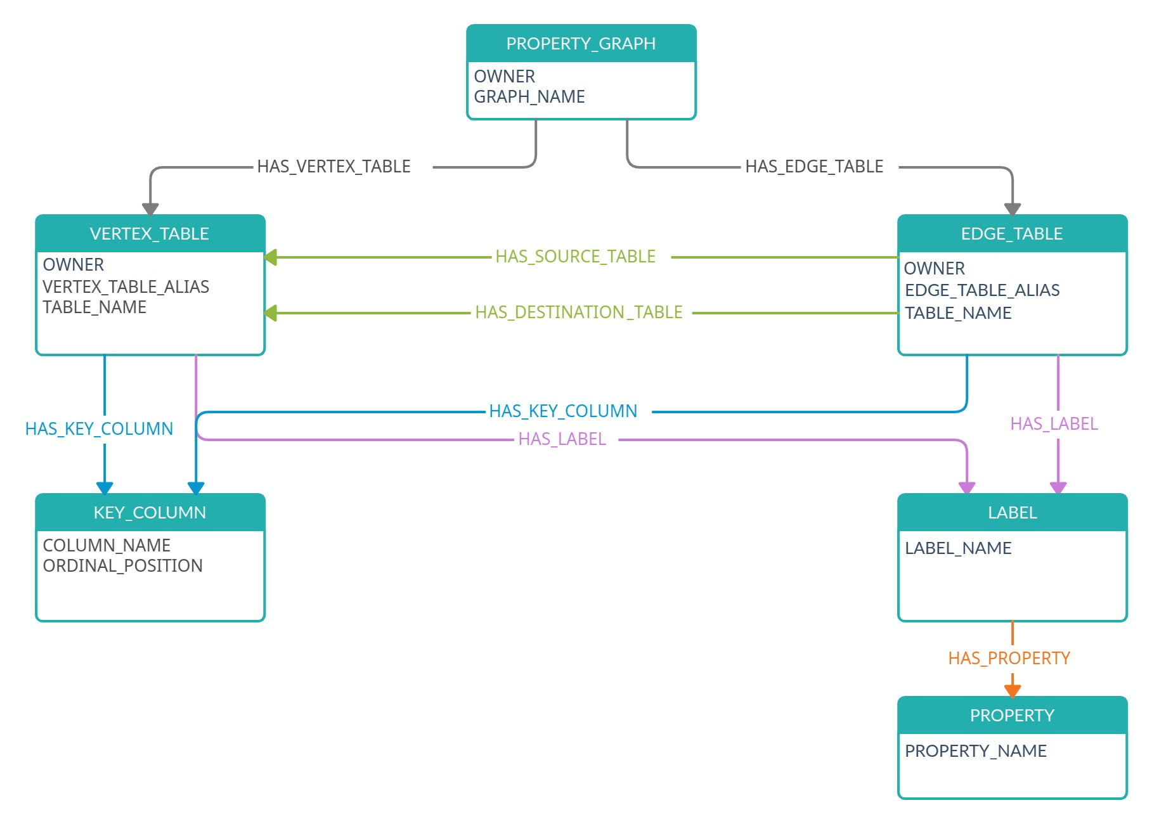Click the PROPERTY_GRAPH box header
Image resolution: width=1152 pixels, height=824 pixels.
581,44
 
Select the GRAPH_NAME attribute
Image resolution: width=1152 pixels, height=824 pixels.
529,97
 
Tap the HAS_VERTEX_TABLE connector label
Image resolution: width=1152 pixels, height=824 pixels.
333,167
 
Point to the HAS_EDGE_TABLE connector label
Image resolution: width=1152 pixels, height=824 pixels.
814,167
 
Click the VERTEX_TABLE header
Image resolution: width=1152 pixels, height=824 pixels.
150,234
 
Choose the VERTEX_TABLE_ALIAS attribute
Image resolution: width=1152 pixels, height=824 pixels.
126,287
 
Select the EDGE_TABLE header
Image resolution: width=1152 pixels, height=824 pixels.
1012,234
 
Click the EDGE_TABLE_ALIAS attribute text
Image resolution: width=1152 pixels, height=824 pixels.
982,290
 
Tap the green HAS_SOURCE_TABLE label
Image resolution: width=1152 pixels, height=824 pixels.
575,257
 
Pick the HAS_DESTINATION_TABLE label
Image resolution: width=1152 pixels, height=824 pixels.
579,312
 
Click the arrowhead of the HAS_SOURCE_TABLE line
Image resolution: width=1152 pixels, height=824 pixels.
271,257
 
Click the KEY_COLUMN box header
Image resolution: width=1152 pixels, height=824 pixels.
150,513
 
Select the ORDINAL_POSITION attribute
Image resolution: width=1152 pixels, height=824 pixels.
122,566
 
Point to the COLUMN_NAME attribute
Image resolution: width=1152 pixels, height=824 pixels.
107,546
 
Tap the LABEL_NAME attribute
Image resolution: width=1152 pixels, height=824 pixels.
958,548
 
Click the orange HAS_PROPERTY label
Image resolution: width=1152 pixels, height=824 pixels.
1009,659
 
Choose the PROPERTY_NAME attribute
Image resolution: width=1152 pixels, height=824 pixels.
976,751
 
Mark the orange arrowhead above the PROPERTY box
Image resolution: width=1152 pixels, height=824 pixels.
1013,691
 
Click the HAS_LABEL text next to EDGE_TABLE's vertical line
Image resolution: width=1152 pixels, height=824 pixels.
1054,424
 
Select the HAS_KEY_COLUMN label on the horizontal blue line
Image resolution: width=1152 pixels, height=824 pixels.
563,411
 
